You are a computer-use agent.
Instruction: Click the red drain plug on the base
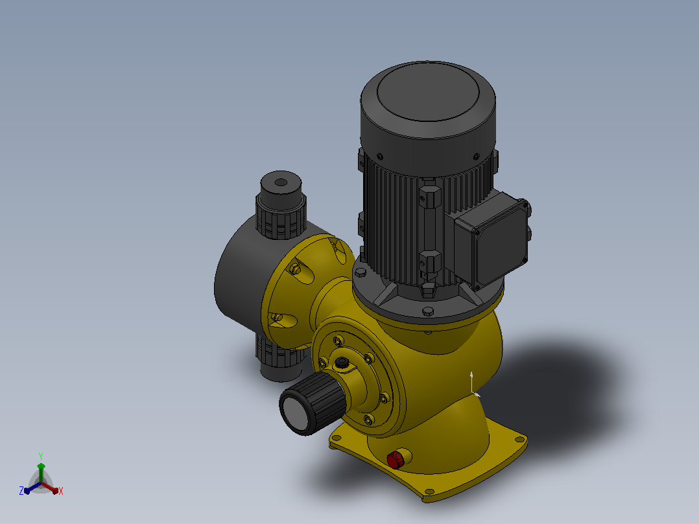(x=396, y=459)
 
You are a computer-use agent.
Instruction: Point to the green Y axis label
(x=41, y=456)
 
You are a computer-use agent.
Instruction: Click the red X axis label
(x=61, y=491)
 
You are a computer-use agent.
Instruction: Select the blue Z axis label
(x=21, y=491)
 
